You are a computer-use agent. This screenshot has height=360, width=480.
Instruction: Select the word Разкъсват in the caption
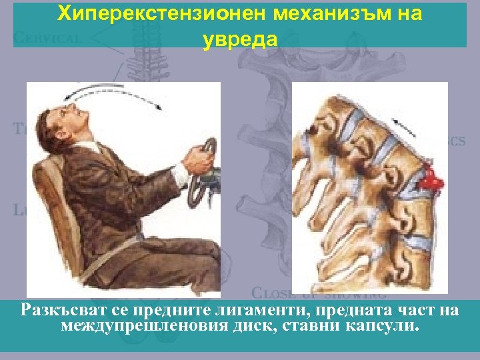pyautogui.click(x=58, y=310)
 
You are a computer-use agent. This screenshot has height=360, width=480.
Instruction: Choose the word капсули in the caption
pyautogui.click(x=383, y=326)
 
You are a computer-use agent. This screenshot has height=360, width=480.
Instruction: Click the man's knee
pyautogui.click(x=200, y=247)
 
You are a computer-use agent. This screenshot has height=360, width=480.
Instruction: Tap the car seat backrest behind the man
pyautogui.click(x=47, y=200)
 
